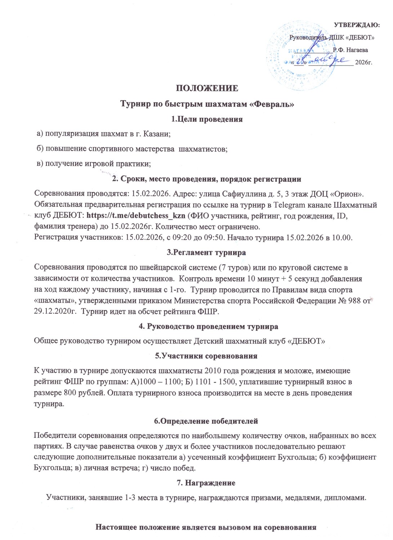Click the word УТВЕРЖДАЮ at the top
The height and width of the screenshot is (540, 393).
pos(356,25)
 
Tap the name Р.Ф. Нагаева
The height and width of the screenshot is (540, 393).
pos(350,50)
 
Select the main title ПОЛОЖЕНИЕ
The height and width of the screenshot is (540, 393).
pos(207,89)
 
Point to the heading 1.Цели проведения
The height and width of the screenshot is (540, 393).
pos(207,119)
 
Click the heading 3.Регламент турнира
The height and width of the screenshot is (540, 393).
pos(206,252)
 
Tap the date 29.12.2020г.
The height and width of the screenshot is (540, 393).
pos(55,312)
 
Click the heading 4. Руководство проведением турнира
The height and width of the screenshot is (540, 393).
pos(208,327)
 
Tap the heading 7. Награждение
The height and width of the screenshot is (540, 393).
pos(206,483)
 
